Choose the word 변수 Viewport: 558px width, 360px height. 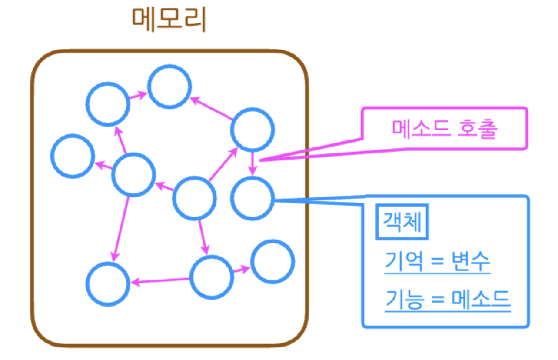pos(472,261)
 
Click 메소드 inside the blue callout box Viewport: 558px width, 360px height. pos(481,299)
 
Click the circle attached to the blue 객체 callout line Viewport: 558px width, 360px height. pos(252,198)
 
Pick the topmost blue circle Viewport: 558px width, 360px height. pos(169,87)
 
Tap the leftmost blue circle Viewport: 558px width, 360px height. pos(73,156)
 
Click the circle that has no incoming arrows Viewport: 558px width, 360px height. pos(194,198)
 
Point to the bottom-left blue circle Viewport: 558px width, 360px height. pos(108,283)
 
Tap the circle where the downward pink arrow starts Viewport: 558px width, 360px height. pos(252,129)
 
